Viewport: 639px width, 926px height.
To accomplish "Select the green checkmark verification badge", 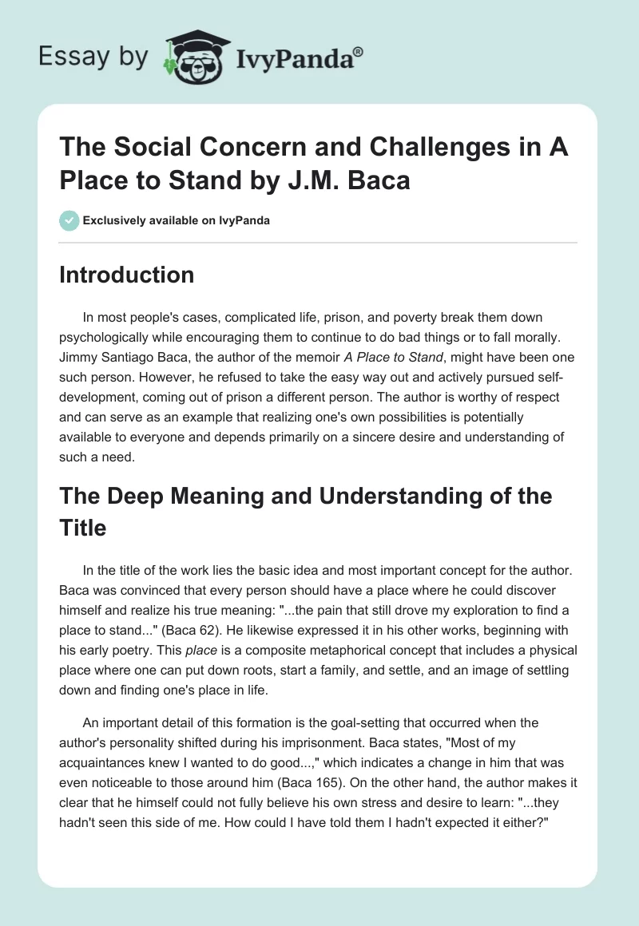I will (x=69, y=220).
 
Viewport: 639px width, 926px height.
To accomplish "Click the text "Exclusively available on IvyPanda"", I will (x=176, y=220).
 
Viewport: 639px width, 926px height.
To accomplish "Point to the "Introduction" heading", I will (x=127, y=275).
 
